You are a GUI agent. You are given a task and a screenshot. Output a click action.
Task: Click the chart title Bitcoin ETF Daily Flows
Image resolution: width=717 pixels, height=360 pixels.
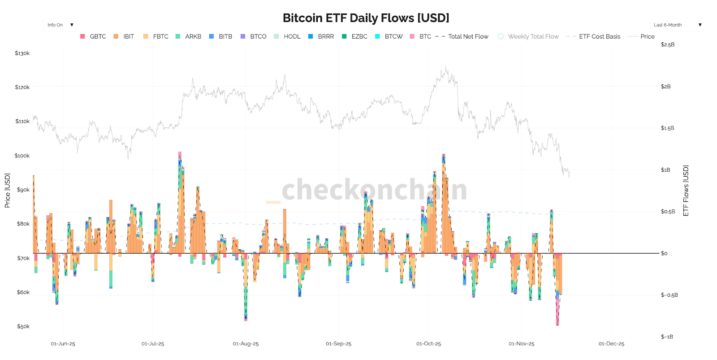tap(366, 18)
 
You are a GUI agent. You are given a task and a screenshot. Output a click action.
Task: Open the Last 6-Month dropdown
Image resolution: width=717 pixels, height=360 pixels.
tap(677, 25)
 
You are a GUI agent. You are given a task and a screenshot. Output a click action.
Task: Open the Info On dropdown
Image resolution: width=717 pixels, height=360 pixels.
tap(60, 25)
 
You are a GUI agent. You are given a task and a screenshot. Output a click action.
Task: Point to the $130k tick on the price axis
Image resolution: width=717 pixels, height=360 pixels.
tap(22, 53)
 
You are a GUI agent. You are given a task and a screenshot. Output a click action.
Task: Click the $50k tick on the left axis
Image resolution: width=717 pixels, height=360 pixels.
tap(23, 326)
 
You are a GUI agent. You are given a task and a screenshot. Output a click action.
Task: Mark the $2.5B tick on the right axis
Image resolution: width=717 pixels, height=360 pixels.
tap(667, 45)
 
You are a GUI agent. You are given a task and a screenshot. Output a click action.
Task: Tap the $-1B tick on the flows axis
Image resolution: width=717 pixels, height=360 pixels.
tap(667, 337)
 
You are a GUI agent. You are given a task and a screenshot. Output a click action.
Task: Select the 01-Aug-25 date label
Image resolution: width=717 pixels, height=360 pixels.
tap(246, 344)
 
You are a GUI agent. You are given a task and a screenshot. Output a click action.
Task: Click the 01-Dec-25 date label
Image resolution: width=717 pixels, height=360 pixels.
tap(611, 344)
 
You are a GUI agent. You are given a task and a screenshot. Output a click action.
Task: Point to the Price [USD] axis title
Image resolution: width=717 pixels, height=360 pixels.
tap(7, 191)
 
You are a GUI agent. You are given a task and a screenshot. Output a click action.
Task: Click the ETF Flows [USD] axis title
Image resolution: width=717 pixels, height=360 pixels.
tap(686, 191)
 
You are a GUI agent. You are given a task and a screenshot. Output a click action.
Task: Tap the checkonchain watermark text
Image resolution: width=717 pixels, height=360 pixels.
tap(374, 190)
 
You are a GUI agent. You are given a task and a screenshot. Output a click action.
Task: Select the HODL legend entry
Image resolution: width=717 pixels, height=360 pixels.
tap(292, 36)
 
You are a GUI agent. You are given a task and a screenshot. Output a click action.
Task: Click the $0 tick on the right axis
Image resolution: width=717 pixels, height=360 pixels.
tap(664, 253)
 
